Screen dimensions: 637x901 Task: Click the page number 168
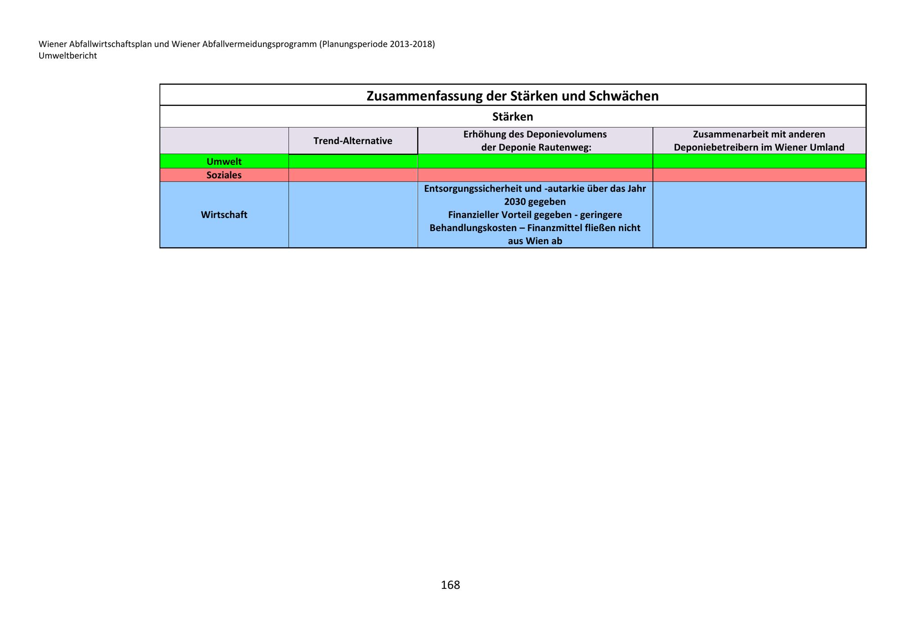tap(450, 585)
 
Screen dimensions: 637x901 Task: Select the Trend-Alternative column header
tap(353, 141)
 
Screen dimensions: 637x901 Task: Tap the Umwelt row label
tap(224, 161)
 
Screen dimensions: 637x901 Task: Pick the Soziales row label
tap(224, 175)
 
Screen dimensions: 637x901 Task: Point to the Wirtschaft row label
tap(224, 214)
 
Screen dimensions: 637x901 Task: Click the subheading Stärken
tap(512, 117)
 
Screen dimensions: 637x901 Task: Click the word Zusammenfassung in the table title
tap(436, 96)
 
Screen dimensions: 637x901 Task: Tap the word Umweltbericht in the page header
tap(68, 56)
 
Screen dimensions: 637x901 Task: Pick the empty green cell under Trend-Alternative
tap(353, 161)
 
